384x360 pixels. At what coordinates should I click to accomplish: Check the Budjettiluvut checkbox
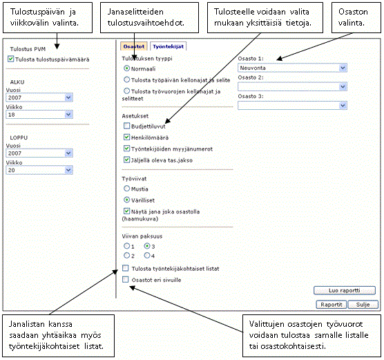[126, 126]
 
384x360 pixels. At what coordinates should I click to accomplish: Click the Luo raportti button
[345, 290]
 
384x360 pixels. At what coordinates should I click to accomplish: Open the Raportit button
[332, 305]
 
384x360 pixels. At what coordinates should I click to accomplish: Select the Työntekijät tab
[169, 46]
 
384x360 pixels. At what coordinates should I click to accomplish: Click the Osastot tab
[134, 46]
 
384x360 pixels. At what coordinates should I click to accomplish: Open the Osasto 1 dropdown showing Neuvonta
[292, 68]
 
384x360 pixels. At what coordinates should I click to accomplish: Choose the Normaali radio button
[126, 68]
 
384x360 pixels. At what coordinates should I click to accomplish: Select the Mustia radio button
[126, 189]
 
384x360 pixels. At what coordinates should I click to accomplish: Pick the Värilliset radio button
[126, 200]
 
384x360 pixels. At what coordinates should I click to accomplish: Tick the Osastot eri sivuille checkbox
[126, 279]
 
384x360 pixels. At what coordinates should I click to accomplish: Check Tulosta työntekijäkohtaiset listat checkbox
[126, 268]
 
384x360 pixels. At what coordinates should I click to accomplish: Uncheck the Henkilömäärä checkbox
[126, 137]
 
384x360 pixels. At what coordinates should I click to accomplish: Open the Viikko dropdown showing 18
[39, 115]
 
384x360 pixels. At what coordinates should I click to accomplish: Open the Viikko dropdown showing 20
[39, 170]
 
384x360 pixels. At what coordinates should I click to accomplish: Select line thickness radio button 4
[147, 256]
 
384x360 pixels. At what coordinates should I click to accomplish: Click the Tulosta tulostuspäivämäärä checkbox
[11, 59]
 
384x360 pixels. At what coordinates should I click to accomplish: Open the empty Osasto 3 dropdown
[292, 106]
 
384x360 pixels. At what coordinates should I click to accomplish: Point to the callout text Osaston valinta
[353, 17]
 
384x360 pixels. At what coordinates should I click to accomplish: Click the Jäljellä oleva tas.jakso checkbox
[126, 160]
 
